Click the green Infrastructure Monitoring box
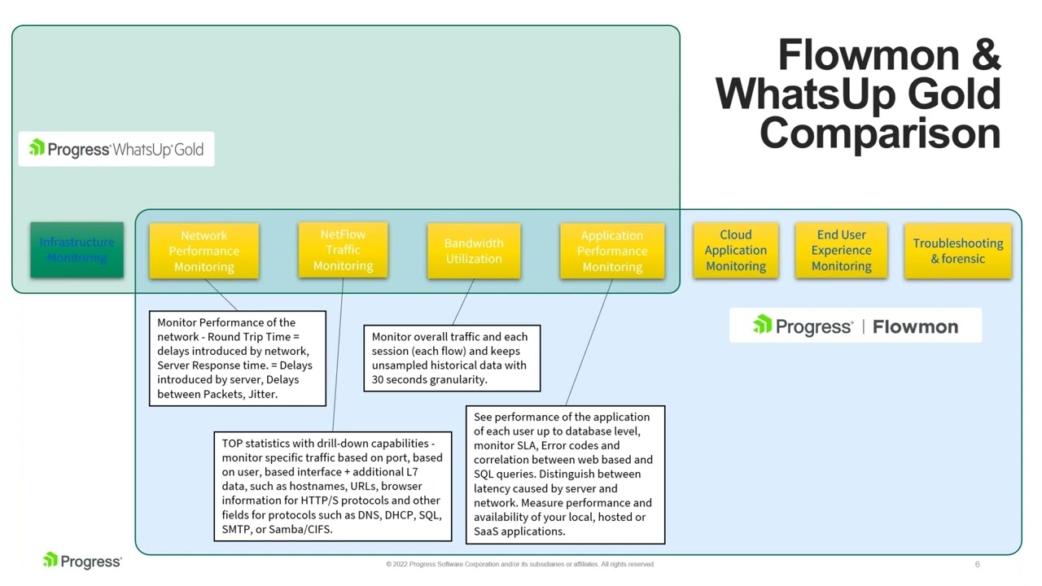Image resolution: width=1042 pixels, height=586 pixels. [77, 250]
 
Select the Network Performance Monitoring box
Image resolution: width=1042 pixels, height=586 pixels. [204, 251]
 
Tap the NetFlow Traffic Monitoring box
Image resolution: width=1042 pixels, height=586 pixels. [343, 250]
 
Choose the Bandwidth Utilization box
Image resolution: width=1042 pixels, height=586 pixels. [474, 251]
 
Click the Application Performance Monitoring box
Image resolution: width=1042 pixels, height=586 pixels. [612, 251]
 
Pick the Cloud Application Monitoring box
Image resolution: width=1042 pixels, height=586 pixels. [736, 250]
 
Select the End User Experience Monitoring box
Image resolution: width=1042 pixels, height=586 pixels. [841, 250]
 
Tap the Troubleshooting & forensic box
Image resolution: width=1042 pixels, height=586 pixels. [957, 251]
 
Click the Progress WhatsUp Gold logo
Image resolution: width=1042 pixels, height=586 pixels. [116, 149]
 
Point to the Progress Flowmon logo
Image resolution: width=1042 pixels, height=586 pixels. [855, 326]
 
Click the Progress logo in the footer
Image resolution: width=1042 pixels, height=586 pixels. [82, 561]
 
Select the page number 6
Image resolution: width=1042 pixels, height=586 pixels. [977, 564]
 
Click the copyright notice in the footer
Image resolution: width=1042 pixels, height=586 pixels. [520, 564]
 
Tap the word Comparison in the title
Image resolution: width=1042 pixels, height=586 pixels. [879, 132]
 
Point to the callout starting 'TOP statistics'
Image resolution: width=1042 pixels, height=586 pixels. [332, 486]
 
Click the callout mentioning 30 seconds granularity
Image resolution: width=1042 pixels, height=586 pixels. [451, 358]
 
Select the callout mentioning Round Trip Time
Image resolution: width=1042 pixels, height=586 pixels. [237, 358]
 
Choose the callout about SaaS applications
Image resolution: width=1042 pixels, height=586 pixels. [565, 474]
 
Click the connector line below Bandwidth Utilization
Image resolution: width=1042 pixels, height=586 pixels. [463, 302]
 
